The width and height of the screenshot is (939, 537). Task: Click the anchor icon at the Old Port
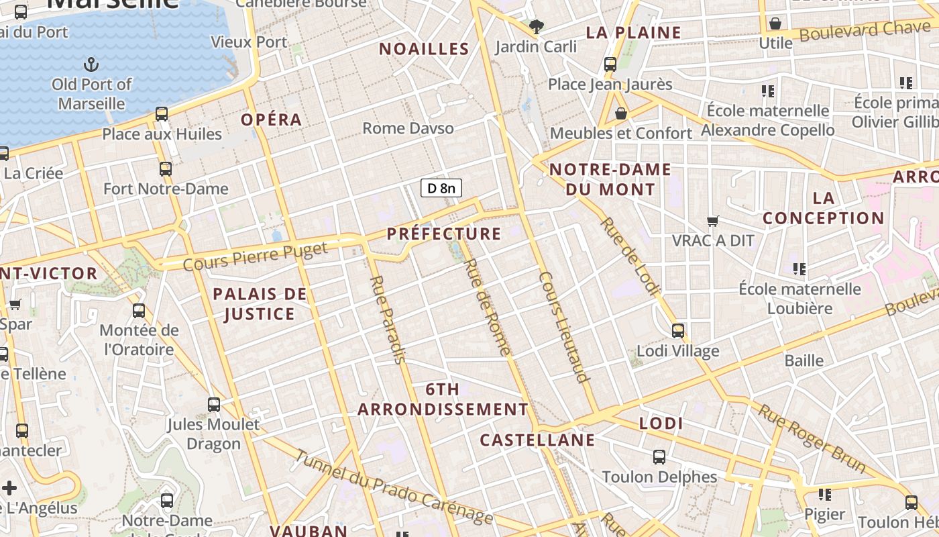(x=91, y=64)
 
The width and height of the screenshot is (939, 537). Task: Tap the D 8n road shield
(x=441, y=188)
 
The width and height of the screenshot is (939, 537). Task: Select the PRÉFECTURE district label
(x=444, y=234)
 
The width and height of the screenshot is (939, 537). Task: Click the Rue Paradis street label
(x=388, y=320)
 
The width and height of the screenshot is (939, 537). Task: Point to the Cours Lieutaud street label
(x=563, y=327)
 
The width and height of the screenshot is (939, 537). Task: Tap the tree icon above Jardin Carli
(x=536, y=27)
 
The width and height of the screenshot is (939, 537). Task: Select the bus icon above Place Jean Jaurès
(x=610, y=64)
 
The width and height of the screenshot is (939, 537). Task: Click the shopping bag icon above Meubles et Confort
(x=621, y=113)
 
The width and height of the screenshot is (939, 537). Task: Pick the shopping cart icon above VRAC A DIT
(x=713, y=221)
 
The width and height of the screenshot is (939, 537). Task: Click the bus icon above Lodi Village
(x=678, y=330)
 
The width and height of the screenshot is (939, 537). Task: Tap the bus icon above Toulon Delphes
(x=659, y=457)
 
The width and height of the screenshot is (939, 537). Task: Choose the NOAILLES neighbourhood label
(x=424, y=48)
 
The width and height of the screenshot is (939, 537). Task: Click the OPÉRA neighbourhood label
(x=271, y=119)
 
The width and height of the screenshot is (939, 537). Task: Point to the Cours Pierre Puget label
(x=256, y=256)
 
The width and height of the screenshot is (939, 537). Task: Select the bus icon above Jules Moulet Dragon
(x=214, y=405)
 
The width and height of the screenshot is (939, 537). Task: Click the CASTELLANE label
(x=537, y=440)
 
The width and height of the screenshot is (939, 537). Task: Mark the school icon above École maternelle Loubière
(x=799, y=269)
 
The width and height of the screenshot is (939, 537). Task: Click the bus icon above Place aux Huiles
(x=162, y=113)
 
